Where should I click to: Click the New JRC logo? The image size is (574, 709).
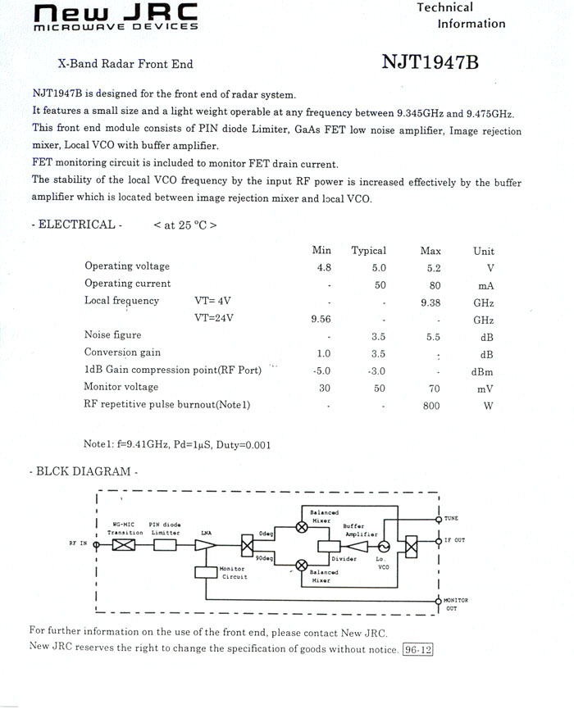pyautogui.click(x=116, y=16)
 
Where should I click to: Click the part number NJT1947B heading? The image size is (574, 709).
pyautogui.click(x=430, y=63)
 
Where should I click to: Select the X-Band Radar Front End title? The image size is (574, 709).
pyautogui.click(x=125, y=63)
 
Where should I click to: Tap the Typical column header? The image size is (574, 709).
pyautogui.click(x=368, y=251)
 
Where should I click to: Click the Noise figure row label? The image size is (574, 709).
pyautogui.click(x=113, y=334)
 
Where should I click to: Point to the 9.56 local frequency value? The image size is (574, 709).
pyautogui.click(x=321, y=319)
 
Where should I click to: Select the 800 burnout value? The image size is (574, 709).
pyautogui.click(x=431, y=406)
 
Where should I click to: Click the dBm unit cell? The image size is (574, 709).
pyautogui.click(x=484, y=370)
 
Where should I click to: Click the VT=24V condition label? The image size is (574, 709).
pyautogui.click(x=213, y=319)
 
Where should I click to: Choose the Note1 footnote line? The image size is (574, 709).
pyautogui.click(x=177, y=445)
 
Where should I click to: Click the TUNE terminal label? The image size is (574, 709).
pyautogui.click(x=452, y=519)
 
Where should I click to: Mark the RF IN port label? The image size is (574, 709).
pyautogui.click(x=78, y=543)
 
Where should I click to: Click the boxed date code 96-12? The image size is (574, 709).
pyautogui.click(x=417, y=649)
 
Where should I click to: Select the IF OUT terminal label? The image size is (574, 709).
pyautogui.click(x=454, y=540)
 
